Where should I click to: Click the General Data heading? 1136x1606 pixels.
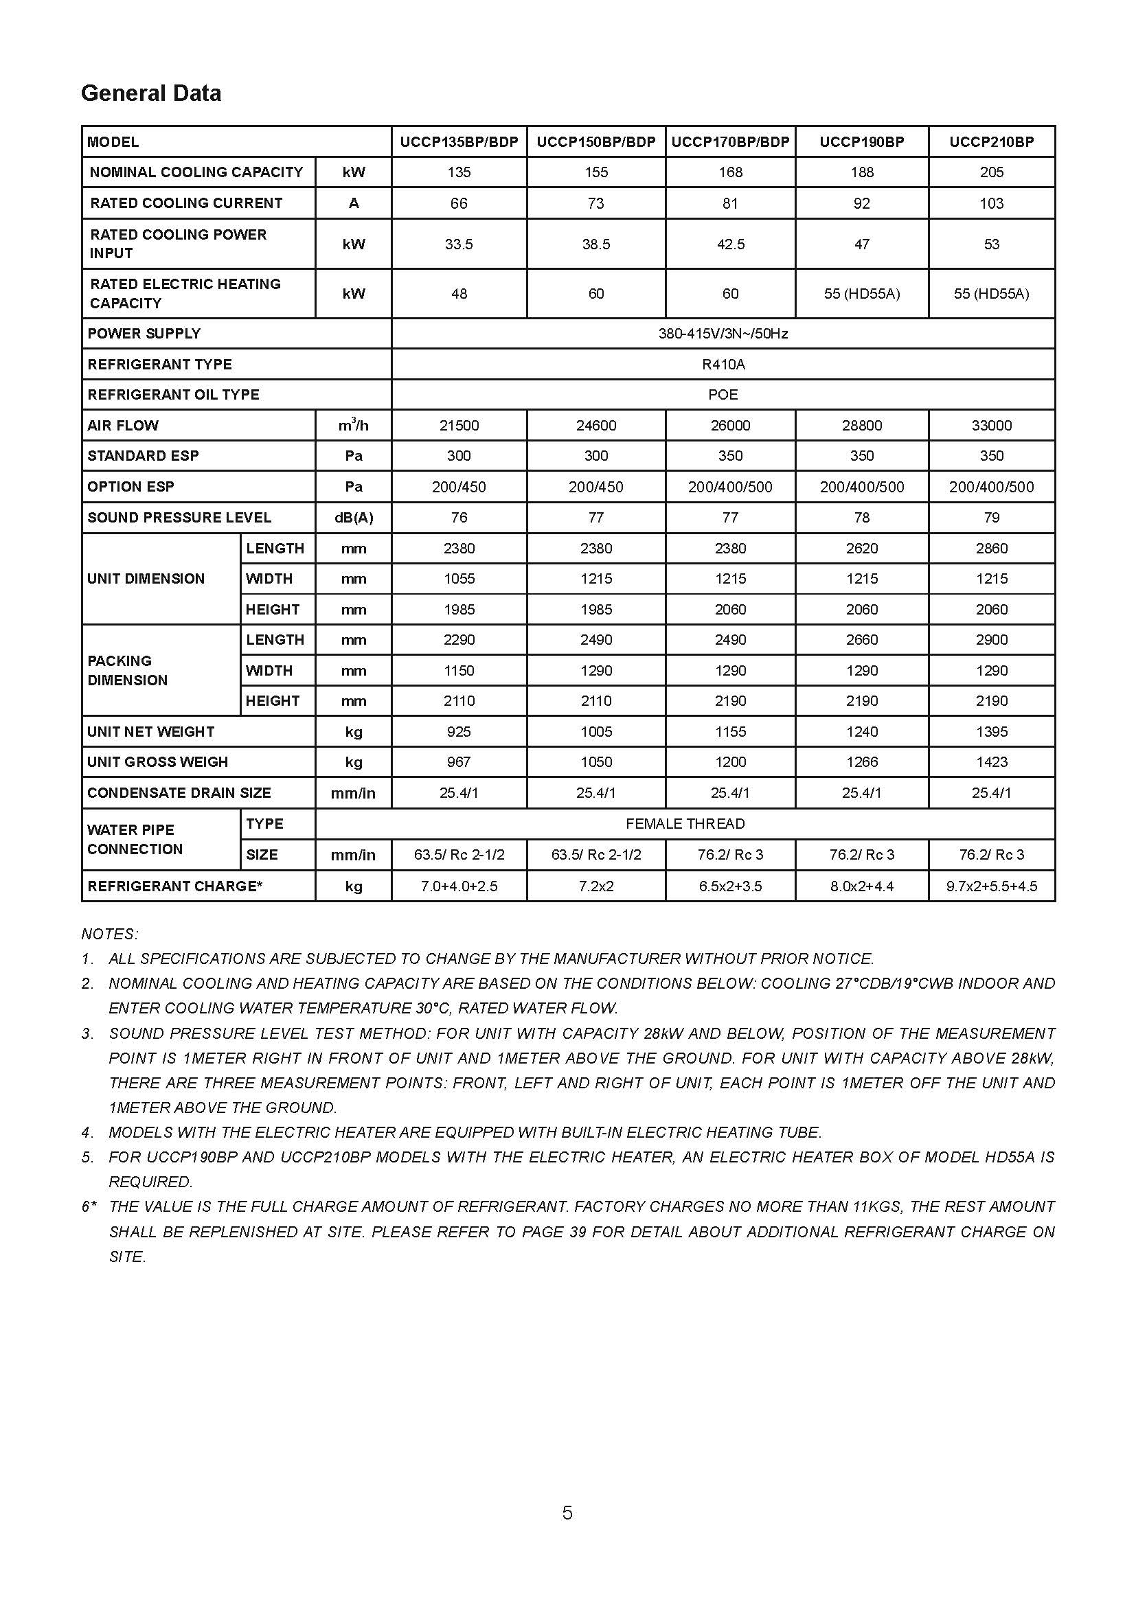(151, 93)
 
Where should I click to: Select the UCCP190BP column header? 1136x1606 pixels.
(861, 142)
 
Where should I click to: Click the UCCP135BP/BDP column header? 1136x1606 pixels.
(459, 142)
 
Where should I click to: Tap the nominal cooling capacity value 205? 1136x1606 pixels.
(991, 172)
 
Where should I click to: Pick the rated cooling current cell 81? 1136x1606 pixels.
(729, 203)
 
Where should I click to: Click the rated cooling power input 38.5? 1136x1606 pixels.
(596, 244)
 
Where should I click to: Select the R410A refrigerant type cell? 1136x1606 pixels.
(723, 365)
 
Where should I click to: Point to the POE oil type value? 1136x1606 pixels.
(723, 395)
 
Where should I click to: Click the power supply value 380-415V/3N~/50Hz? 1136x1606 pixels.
(723, 334)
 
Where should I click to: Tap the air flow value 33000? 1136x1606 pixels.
(991, 425)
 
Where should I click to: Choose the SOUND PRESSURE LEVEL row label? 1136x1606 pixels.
(179, 518)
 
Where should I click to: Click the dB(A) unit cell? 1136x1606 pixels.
(353, 518)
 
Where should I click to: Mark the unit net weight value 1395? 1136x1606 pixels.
(991, 732)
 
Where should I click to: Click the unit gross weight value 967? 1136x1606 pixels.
(459, 761)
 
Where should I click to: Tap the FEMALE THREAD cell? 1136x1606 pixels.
(685, 824)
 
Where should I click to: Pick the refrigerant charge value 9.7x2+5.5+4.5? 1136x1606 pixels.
(991, 886)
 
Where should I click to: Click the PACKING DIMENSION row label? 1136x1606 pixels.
(127, 670)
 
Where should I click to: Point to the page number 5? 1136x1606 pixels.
(567, 1513)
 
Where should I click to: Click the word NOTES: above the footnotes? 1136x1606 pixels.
(110, 934)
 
